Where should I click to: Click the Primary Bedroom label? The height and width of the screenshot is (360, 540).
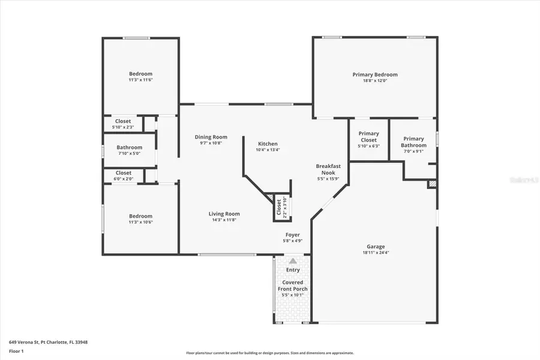(x=374, y=75)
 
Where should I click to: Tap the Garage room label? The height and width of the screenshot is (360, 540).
(x=376, y=247)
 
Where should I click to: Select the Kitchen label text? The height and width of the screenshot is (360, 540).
(x=268, y=144)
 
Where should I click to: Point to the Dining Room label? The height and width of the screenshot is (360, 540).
(x=211, y=137)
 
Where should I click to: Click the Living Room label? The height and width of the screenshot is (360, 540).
(x=224, y=214)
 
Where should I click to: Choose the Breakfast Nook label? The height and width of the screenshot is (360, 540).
(x=328, y=169)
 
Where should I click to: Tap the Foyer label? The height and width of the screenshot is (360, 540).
(x=292, y=235)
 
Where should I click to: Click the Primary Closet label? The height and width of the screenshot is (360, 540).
(x=368, y=137)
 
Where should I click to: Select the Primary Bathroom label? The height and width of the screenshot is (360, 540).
(x=413, y=142)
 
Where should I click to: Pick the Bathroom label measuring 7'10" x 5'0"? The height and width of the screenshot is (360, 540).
(x=130, y=148)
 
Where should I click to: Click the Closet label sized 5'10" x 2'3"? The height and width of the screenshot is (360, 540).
(x=123, y=121)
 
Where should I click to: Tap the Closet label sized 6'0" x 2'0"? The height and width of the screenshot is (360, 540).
(x=123, y=173)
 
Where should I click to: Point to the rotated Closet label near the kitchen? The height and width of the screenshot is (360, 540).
(x=279, y=207)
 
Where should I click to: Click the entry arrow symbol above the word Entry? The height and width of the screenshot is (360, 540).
(x=293, y=261)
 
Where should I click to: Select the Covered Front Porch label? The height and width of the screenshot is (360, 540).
(x=293, y=286)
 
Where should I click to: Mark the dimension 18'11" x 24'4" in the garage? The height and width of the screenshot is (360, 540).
(x=376, y=253)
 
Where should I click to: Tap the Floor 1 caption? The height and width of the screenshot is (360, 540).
(x=16, y=350)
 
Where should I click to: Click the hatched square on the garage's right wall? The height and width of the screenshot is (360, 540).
(x=432, y=184)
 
